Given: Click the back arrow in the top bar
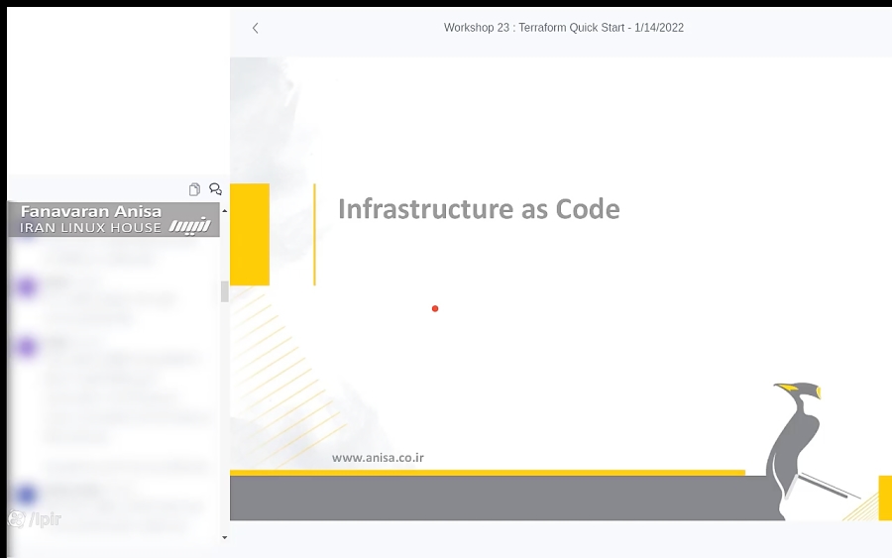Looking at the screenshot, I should point(255,28).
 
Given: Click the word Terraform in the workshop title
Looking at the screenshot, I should point(547,28).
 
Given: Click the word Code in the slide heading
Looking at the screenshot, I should point(588,209).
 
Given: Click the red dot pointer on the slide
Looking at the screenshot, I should point(435,309).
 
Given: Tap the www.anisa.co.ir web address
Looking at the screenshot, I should point(379,458).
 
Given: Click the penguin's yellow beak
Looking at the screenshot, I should point(788,387).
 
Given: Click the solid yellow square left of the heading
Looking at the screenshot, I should point(250,234).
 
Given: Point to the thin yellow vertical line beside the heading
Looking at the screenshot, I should point(314,234).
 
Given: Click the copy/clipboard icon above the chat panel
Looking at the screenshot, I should point(194,189).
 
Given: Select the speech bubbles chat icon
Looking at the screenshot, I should point(215,189).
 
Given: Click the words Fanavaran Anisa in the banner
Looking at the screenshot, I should point(91,212).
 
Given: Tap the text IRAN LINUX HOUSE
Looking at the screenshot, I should point(90,228).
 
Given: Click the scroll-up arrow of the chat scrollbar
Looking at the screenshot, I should point(224,211).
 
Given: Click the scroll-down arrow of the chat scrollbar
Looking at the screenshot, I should point(224,537).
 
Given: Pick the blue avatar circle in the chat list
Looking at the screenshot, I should point(27,494).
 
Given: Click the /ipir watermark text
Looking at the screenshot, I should point(46,519).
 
